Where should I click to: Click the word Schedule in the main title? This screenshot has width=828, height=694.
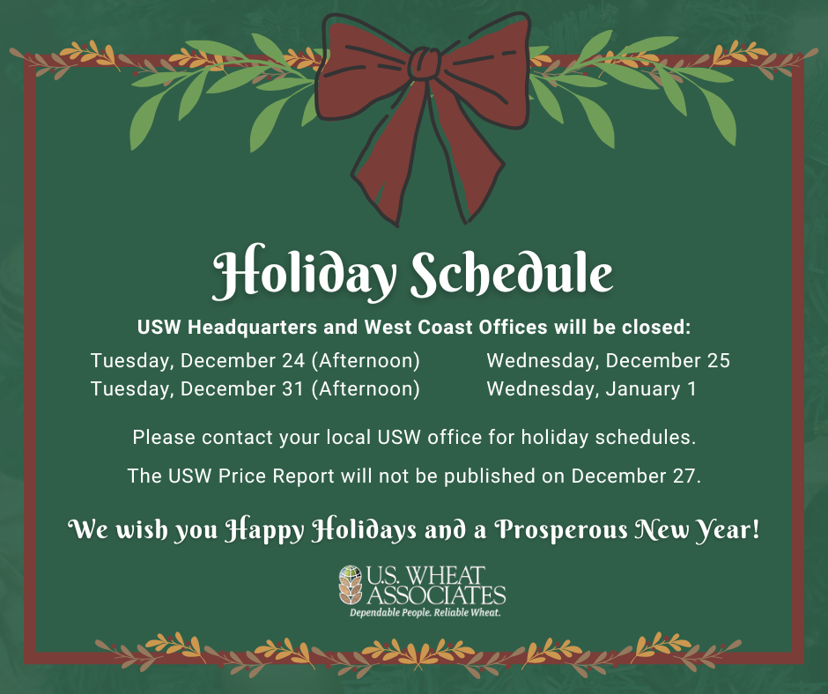pyautogui.click(x=512, y=272)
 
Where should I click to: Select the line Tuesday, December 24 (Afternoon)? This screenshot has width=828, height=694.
pyautogui.click(x=255, y=361)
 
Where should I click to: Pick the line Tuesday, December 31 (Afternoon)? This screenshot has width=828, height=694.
pyautogui.click(x=255, y=388)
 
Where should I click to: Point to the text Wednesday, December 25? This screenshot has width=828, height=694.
pyautogui.click(x=609, y=361)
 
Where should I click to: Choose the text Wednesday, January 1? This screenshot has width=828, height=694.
pyautogui.click(x=591, y=388)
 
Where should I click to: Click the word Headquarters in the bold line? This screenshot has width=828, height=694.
pyautogui.click(x=252, y=328)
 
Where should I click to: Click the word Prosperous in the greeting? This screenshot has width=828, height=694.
pyautogui.click(x=561, y=530)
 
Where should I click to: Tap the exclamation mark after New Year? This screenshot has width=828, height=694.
pyautogui.click(x=755, y=528)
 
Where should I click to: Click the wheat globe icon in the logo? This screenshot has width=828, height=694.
pyautogui.click(x=351, y=585)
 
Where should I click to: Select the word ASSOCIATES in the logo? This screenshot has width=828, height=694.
pyautogui.click(x=436, y=595)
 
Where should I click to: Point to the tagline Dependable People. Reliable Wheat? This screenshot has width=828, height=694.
pyautogui.click(x=425, y=613)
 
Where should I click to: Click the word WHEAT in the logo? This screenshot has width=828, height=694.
pyautogui.click(x=447, y=575)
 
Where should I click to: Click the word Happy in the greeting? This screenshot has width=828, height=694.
pyautogui.click(x=264, y=530)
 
